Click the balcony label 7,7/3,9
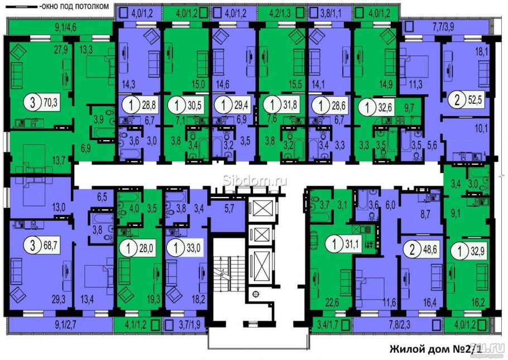[x=443, y=27]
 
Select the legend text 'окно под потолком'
[x=74, y=7]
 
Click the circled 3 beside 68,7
[x=33, y=246]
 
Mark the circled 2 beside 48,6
[x=412, y=251]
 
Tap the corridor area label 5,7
[x=229, y=209]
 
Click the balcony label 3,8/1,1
[x=330, y=14]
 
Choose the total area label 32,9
[x=477, y=251]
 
